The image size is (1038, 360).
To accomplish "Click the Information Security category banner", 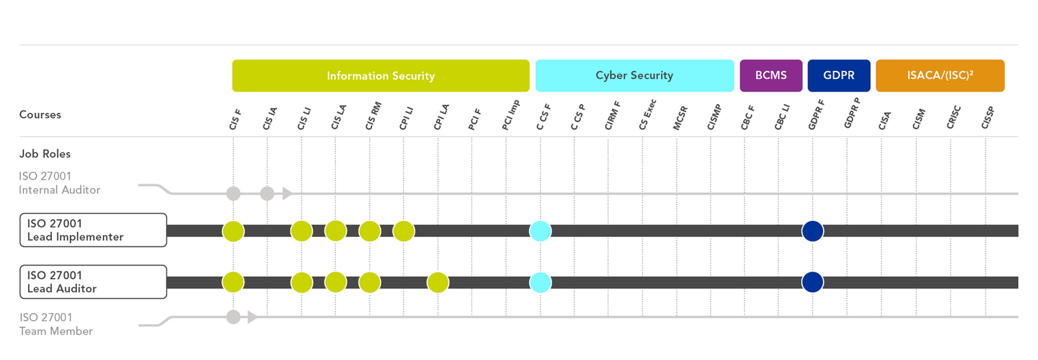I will [x=380, y=76].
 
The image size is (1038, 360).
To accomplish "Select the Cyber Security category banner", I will [x=634, y=76].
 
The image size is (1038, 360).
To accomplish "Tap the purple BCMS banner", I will [x=771, y=76].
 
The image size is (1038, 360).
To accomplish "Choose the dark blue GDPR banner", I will [x=839, y=76].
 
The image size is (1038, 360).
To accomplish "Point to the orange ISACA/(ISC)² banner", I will [x=940, y=76].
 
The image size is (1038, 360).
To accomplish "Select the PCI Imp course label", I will [x=511, y=115].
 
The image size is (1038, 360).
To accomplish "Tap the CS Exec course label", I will [x=648, y=116].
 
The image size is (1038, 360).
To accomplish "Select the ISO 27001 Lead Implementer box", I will [x=93, y=230].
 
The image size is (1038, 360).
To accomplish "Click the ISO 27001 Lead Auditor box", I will [x=93, y=282].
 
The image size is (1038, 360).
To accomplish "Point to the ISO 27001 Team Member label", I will [x=56, y=324].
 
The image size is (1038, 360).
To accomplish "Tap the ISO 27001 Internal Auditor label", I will [x=60, y=183].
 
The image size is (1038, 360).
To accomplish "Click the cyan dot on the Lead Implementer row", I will [x=540, y=231].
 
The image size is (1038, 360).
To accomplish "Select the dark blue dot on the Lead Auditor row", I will [x=813, y=282].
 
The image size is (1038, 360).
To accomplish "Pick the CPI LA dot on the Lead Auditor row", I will [x=438, y=282].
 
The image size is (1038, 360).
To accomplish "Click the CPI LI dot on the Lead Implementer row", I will [x=403, y=231].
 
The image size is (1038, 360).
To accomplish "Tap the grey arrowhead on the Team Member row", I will [x=252, y=316].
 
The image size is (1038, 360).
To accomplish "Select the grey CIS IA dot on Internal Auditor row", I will [x=267, y=194].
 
